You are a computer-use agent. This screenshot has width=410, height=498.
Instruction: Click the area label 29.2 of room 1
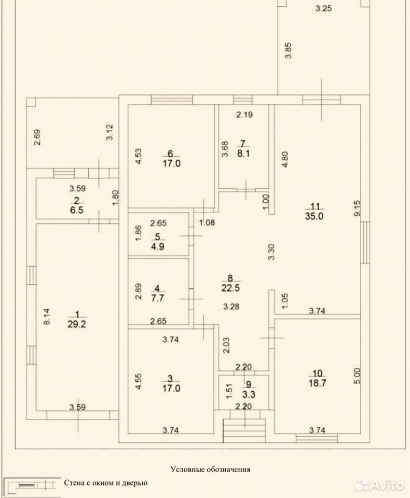point(77,324)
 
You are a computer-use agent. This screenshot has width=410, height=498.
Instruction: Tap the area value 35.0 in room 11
point(314,216)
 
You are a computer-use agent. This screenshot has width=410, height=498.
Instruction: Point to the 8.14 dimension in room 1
point(47,316)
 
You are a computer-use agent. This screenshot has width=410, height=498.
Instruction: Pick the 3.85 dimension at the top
point(288,51)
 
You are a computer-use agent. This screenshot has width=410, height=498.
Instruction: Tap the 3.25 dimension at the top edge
point(323,9)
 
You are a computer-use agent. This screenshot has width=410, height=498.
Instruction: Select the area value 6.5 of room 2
point(77,210)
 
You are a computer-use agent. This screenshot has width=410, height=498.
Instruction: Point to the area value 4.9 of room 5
point(158,246)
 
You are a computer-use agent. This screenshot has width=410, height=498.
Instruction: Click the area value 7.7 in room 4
point(158,298)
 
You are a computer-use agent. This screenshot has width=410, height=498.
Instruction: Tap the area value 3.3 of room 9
point(249,394)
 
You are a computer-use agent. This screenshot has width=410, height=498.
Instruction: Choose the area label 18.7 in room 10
point(318,383)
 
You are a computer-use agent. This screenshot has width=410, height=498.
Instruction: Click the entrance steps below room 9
point(244,431)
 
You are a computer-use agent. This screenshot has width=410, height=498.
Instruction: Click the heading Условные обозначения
point(210,469)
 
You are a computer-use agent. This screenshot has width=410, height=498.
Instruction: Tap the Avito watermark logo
point(379,486)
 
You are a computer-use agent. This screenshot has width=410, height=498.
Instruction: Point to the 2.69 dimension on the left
point(37,137)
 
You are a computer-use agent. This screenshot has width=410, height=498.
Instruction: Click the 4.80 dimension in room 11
point(285,159)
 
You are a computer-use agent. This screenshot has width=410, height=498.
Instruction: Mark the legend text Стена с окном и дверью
point(106,483)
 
